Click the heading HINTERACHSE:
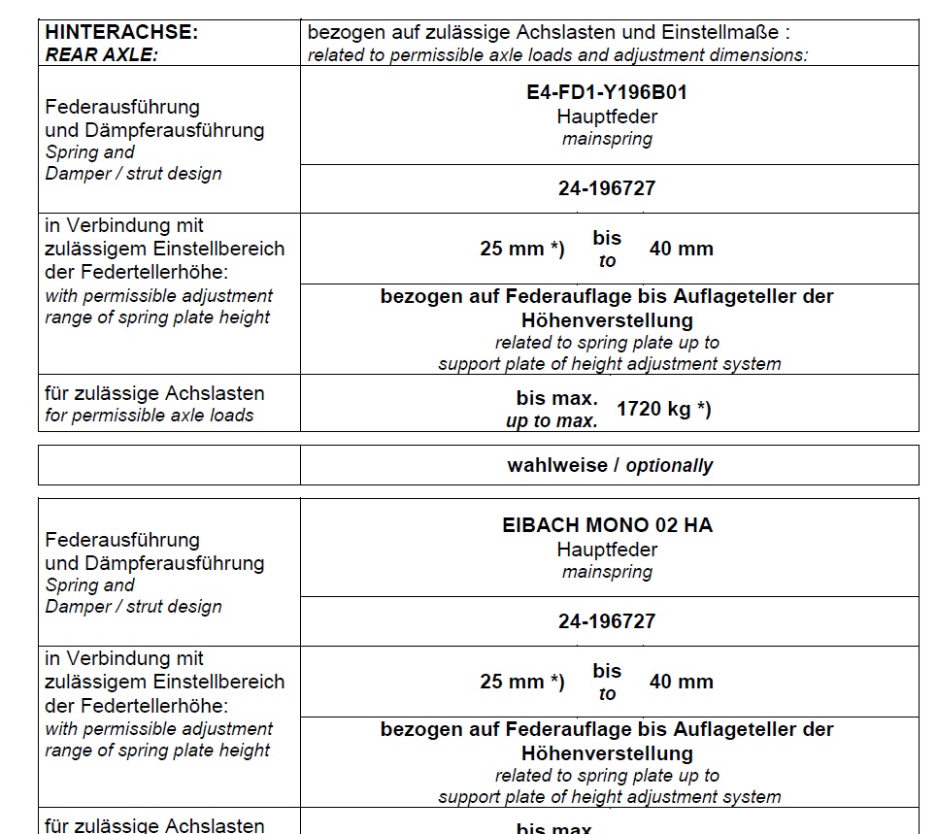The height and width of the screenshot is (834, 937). (x=121, y=32)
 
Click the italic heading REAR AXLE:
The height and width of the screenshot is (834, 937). (x=101, y=54)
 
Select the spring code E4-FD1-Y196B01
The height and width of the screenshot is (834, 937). (x=607, y=93)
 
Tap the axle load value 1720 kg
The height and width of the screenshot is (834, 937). (x=654, y=409)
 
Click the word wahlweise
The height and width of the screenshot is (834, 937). (x=556, y=465)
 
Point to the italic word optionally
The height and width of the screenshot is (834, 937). (x=669, y=465)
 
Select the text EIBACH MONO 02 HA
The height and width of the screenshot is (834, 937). (x=607, y=525)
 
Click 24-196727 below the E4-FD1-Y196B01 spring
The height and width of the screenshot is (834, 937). (x=607, y=188)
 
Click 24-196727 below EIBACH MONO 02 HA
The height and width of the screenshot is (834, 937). (x=607, y=621)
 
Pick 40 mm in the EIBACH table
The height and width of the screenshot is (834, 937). (x=682, y=682)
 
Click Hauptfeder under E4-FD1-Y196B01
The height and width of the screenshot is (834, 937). (x=607, y=117)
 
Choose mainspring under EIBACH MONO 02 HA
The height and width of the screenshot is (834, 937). (x=607, y=572)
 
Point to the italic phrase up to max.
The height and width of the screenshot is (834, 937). (x=552, y=421)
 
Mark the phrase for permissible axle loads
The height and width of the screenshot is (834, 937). (x=149, y=416)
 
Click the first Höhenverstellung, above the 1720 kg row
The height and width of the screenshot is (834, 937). (x=607, y=319)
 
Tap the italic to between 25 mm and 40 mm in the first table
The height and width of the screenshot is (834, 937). (x=607, y=261)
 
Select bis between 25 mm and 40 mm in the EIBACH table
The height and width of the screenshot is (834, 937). (x=607, y=670)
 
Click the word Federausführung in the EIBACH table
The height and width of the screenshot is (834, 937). (x=122, y=540)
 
